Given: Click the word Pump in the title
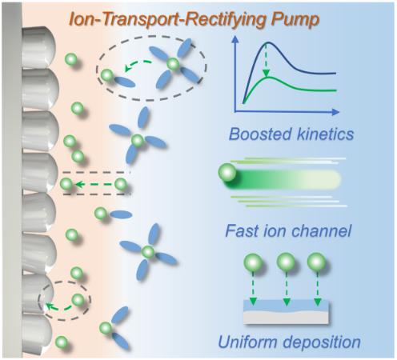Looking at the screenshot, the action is click(x=295, y=20).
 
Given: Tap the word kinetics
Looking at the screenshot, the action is click(x=325, y=134).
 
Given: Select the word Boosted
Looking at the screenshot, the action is click(x=260, y=134).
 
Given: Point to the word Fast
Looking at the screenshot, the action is click(x=242, y=230).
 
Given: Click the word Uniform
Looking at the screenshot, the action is click(x=247, y=342).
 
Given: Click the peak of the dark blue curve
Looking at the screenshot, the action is click(x=267, y=42).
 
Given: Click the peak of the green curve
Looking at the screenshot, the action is click(x=269, y=78).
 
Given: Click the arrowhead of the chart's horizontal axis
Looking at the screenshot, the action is click(x=336, y=112).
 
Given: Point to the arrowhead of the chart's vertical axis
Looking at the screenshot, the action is click(x=235, y=39).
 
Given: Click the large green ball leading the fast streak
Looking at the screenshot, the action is click(x=227, y=172).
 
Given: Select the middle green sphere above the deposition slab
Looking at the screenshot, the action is click(x=286, y=262).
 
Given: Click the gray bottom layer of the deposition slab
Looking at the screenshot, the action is click(x=286, y=318).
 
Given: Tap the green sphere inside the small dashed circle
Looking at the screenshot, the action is click(x=78, y=300).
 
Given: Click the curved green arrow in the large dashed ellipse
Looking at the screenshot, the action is click(x=138, y=65).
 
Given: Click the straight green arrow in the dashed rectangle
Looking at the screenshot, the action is click(x=93, y=184).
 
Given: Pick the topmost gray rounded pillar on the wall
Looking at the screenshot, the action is click(x=38, y=47).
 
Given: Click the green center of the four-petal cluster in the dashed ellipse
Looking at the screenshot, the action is click(x=173, y=64).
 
